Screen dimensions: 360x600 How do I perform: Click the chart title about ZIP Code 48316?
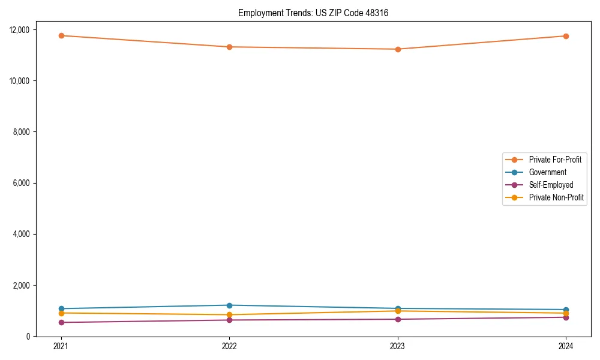coord(313,13)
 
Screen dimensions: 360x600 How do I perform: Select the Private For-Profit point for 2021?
coord(61,35)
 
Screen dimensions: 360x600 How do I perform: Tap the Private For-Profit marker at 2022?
coord(229,47)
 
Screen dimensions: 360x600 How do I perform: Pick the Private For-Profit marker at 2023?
coord(398,49)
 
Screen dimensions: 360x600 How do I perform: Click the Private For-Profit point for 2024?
coord(566,36)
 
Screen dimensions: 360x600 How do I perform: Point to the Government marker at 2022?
coord(229,305)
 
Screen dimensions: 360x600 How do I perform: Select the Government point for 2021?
coord(61,308)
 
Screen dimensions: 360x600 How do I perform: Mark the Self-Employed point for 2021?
coord(61,322)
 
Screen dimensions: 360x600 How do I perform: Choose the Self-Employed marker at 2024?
coord(566,317)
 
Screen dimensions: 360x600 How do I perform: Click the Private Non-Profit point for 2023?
coord(398,311)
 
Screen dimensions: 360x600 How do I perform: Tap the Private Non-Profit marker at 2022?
coord(229,314)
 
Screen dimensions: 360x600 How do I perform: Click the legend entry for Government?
coord(547,172)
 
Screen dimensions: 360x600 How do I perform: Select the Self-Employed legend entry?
coord(551,185)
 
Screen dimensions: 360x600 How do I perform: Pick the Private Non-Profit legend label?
coord(556,197)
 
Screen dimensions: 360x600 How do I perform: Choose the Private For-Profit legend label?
coord(555,160)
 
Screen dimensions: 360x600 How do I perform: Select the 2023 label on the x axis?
coord(398,346)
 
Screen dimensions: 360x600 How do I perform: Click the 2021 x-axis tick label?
coord(61,346)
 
